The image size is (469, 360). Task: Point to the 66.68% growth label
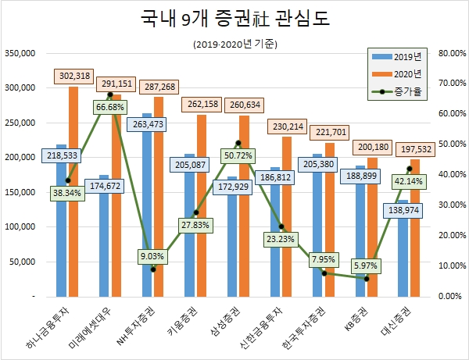click(x=109, y=106)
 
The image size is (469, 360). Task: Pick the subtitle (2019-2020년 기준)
click(x=234, y=45)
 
